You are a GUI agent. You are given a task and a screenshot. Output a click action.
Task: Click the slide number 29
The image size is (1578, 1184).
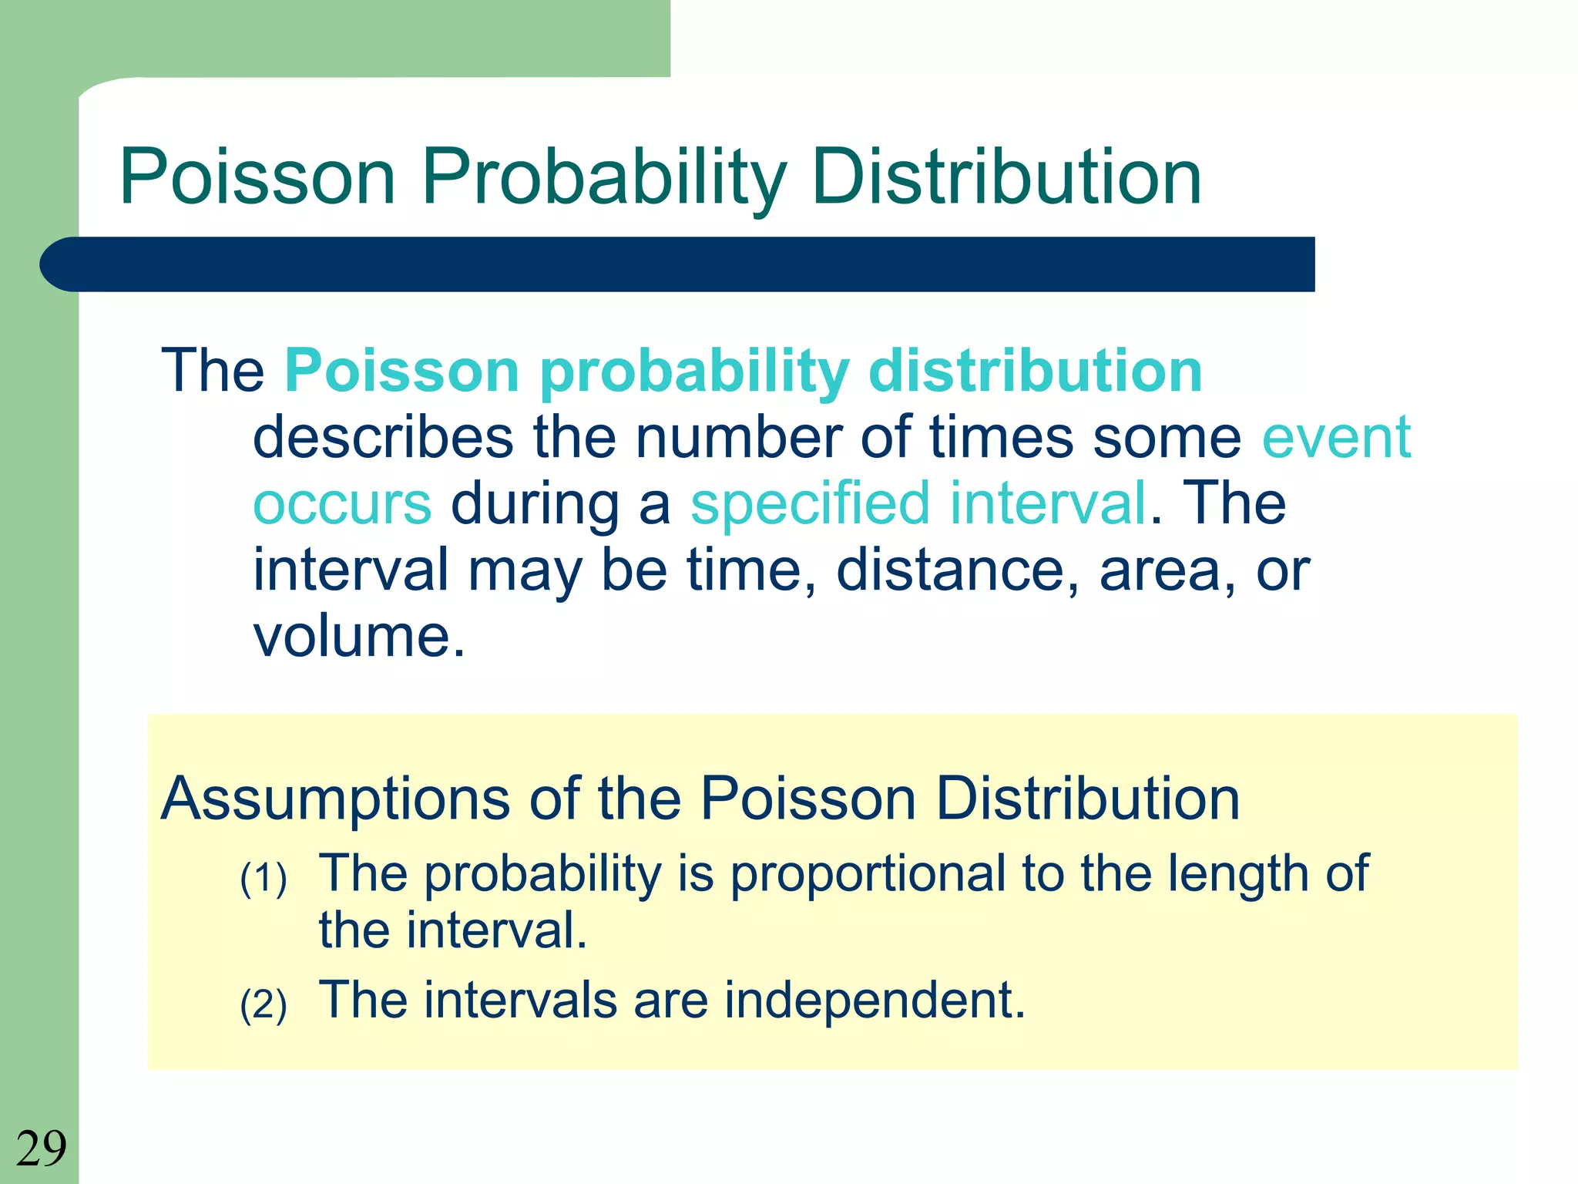tap(41, 1149)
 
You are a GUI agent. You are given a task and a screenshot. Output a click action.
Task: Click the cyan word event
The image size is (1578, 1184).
tap(1336, 438)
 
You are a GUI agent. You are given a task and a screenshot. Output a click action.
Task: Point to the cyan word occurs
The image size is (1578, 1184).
tap(342, 504)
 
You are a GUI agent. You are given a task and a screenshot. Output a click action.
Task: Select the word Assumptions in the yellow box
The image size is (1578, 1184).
tap(334, 799)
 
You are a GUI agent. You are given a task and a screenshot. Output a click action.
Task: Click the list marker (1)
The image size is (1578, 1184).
tap(264, 879)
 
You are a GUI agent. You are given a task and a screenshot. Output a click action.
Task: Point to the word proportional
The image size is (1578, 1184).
tap(868, 876)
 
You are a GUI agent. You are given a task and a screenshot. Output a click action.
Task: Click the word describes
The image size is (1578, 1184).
tap(383, 438)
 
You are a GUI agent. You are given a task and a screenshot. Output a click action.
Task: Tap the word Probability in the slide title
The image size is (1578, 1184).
tap(604, 179)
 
